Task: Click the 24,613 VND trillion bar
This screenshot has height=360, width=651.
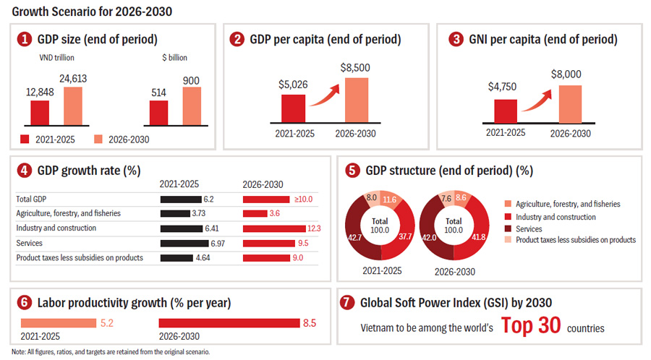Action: click(x=72, y=106)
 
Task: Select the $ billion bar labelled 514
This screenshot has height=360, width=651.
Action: click(x=158, y=113)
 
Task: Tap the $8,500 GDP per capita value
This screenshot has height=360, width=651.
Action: click(x=355, y=68)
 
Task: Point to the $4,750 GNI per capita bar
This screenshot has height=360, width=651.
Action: click(x=506, y=111)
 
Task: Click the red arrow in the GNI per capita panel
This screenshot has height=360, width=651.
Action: click(x=537, y=102)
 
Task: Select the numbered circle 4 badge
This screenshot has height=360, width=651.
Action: click(x=24, y=171)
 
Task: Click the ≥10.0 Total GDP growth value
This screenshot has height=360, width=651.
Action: click(x=304, y=200)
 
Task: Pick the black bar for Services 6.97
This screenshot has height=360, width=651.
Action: click(x=184, y=244)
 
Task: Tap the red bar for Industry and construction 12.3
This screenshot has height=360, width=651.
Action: click(x=274, y=228)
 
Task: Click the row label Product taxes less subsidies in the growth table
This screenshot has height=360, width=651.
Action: click(x=80, y=257)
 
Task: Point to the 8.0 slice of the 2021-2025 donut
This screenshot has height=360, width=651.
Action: click(x=370, y=199)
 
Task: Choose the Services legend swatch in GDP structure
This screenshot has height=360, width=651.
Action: click(x=508, y=228)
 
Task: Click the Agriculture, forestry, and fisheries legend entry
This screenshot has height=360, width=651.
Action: click(x=562, y=204)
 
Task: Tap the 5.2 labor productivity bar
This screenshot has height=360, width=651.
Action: click(x=58, y=323)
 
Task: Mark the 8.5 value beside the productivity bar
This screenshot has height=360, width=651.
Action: click(x=310, y=323)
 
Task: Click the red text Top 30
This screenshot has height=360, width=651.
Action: click(x=531, y=325)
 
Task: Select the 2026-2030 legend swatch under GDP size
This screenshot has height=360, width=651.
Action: click(x=98, y=139)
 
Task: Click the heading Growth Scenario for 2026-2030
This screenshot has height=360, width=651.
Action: click(x=92, y=12)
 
